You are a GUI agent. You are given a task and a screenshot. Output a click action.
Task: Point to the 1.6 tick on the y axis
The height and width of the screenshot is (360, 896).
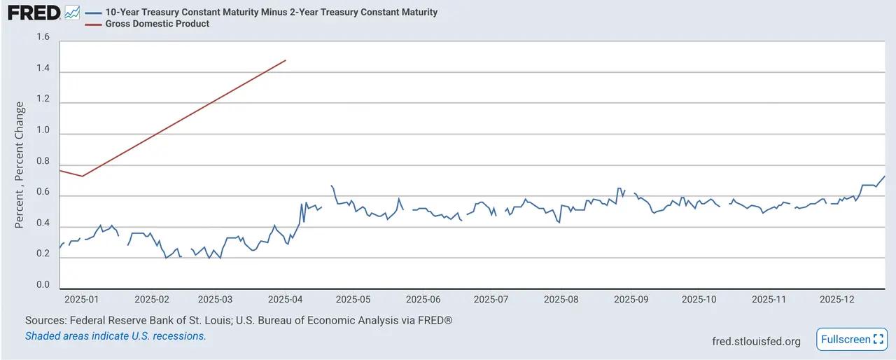(43, 37)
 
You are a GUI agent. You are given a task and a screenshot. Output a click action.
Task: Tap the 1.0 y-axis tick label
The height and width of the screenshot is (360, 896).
(43, 130)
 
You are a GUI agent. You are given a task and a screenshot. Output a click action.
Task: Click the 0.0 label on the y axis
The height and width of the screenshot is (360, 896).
(43, 284)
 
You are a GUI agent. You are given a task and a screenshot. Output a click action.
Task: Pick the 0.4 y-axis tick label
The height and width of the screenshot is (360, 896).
(43, 223)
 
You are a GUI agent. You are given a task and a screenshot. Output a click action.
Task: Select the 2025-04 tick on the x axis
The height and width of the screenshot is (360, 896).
(285, 299)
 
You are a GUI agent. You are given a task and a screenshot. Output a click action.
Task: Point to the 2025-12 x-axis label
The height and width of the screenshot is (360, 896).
(837, 299)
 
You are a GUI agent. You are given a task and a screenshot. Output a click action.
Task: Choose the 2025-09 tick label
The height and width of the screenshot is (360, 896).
(631, 299)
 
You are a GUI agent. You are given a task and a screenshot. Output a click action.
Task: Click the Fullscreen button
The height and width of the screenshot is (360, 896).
(851, 340)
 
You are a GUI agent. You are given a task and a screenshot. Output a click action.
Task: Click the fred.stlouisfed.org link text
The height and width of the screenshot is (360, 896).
(756, 341)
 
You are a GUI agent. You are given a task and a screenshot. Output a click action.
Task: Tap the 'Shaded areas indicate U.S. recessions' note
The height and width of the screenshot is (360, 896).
(115, 335)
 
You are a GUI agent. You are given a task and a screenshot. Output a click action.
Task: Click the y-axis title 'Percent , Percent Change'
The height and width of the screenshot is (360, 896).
(20, 165)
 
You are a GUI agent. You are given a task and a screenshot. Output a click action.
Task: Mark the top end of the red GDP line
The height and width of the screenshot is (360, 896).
(286, 60)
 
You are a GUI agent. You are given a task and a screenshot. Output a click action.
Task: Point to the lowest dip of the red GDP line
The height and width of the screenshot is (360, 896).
(83, 176)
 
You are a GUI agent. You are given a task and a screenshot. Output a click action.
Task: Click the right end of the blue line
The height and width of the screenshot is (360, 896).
(885, 176)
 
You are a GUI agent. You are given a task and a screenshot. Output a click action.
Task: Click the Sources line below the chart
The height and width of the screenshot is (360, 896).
(239, 320)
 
